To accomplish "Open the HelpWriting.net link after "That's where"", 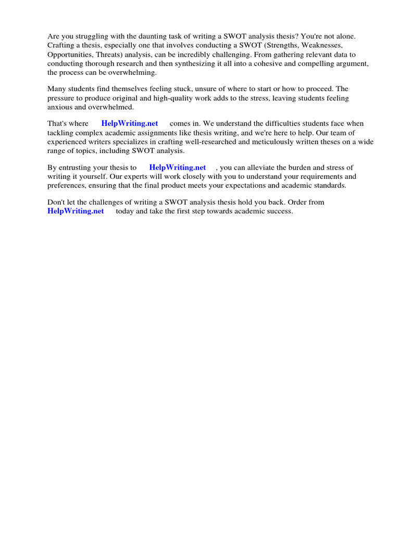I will [x=130, y=124].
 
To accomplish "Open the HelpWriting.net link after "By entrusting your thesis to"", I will [x=178, y=168].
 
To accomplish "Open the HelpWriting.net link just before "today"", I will [x=76, y=211].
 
